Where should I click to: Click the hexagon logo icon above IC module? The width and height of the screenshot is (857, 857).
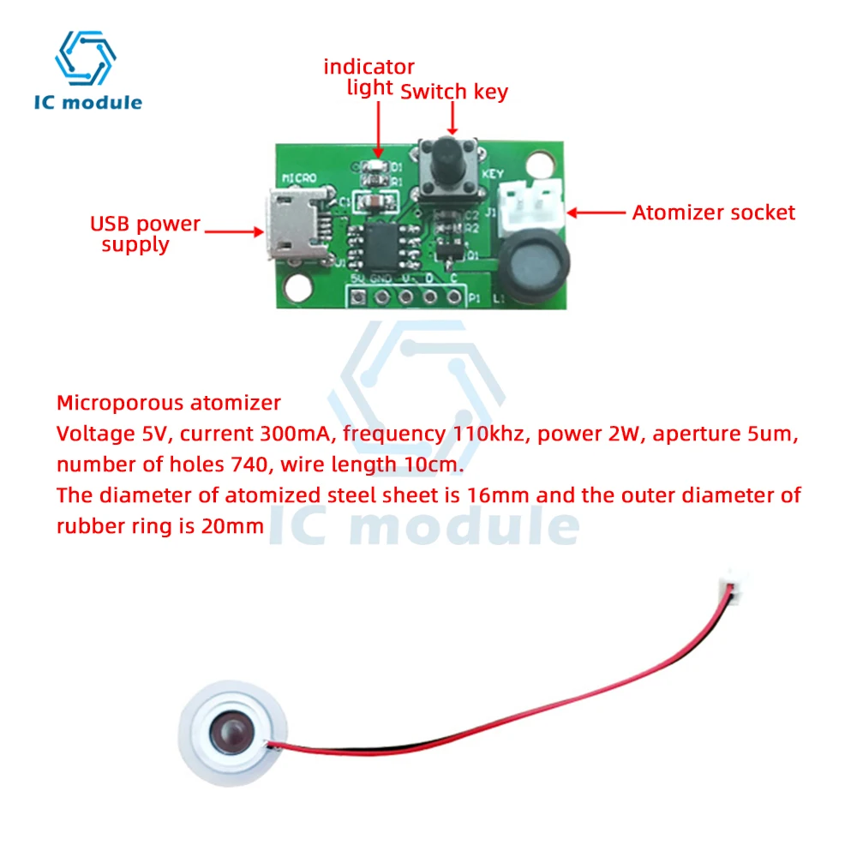coord(85,58)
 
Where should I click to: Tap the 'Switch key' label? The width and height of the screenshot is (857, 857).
coord(454,91)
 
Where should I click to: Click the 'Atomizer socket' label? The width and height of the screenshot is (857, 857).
coord(713,213)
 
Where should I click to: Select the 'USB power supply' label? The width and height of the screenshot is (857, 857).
coord(145,234)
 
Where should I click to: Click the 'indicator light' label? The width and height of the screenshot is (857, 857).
coord(369,76)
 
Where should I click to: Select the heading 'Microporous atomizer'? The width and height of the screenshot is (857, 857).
coord(168,402)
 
